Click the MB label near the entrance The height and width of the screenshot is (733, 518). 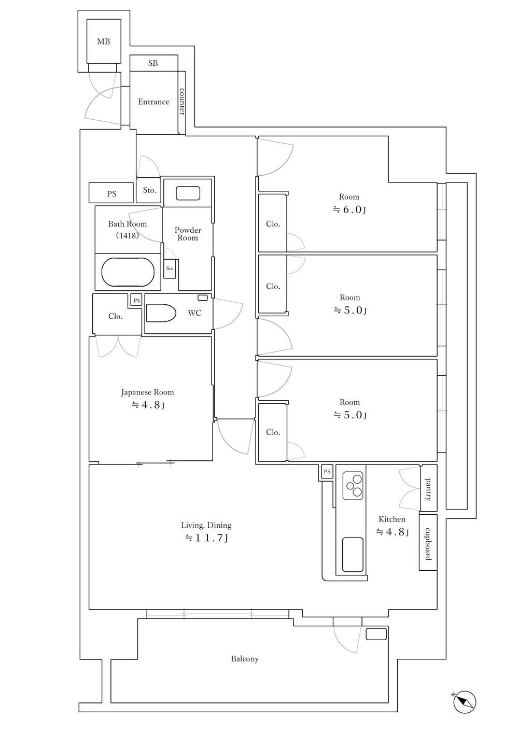click(103, 41)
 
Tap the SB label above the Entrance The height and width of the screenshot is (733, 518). click(153, 63)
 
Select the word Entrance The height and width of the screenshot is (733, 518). click(153, 102)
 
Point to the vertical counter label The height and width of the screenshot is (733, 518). click(181, 102)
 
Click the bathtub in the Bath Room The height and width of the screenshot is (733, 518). click(128, 272)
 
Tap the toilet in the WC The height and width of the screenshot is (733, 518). click(161, 313)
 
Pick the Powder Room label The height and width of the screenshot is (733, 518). click(188, 234)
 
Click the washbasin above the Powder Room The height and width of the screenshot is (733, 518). click(188, 193)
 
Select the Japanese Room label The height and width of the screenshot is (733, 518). click(147, 392)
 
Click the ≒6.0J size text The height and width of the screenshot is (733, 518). click(349, 209)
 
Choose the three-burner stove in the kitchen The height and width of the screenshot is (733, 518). click(353, 486)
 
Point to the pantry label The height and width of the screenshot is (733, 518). click(428, 489)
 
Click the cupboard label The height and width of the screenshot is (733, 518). click(428, 544)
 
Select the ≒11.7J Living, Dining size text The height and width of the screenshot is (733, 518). click(206, 538)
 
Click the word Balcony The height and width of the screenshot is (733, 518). click(245, 659)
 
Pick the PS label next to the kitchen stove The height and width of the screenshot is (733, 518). click(327, 472)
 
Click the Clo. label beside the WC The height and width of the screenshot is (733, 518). click(116, 316)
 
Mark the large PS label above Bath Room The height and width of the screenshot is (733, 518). click(111, 194)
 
